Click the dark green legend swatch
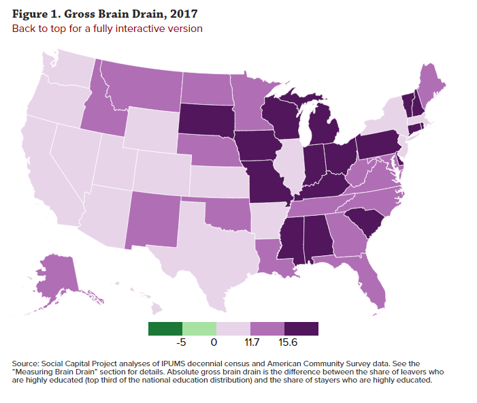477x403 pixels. tap(165, 329)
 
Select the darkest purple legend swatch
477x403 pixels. tap(301, 329)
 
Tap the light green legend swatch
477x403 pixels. tap(199, 329)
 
